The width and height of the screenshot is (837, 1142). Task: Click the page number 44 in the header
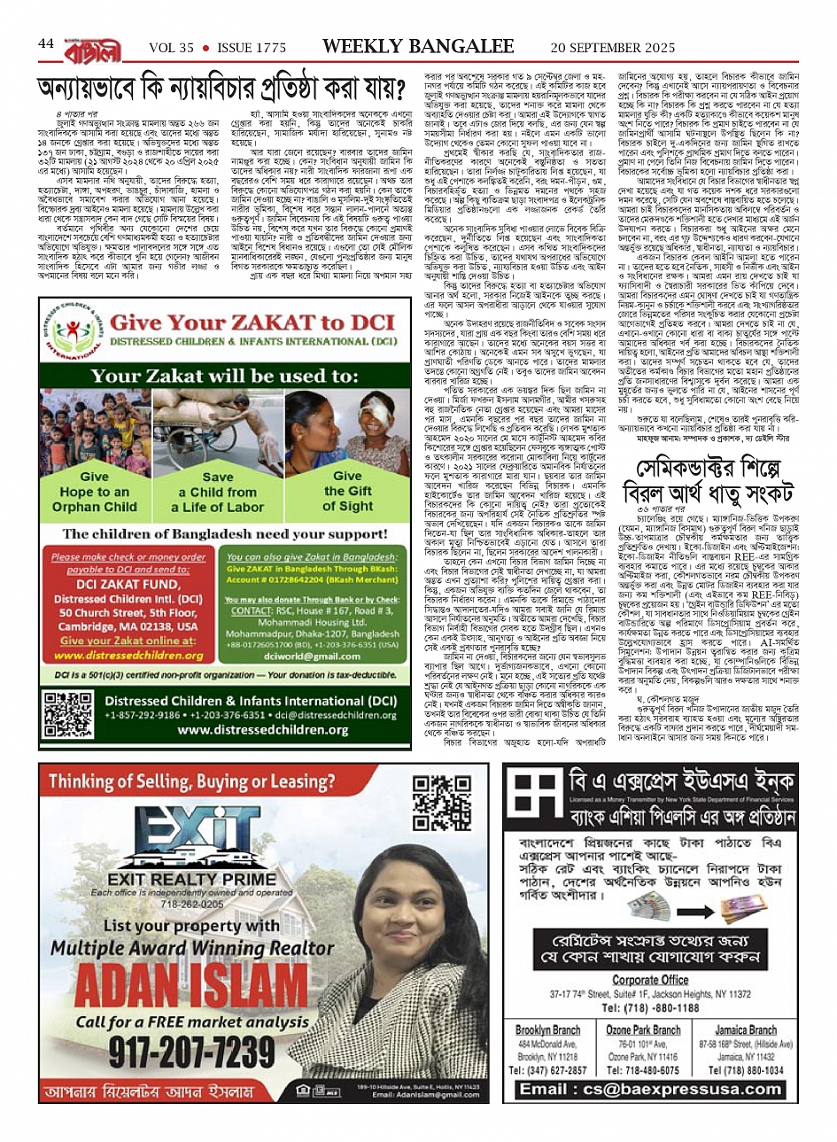(x=46, y=44)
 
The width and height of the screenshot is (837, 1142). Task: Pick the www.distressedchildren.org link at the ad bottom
(x=275, y=730)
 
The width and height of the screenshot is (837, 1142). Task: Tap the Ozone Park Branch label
(x=643, y=1029)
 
